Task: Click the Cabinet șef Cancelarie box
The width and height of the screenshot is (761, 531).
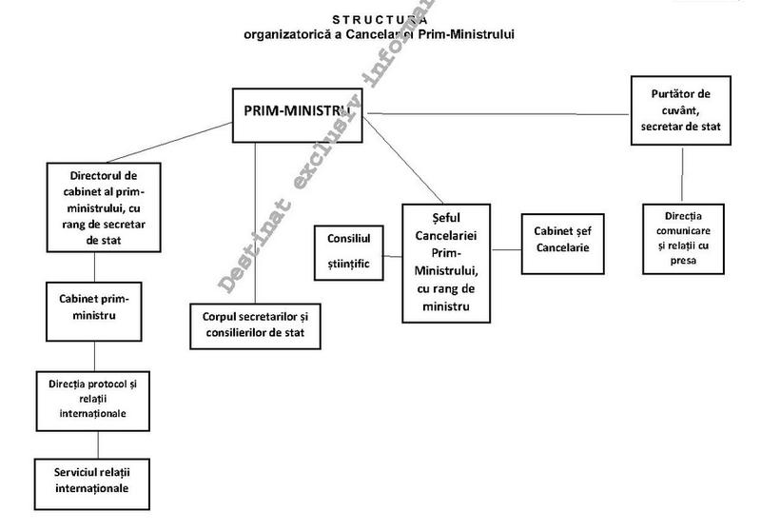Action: (562, 242)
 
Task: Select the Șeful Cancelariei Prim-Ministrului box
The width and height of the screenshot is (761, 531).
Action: (446, 262)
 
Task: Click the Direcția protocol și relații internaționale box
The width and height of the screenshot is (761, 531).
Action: (92, 400)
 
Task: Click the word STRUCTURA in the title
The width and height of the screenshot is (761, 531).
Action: (380, 19)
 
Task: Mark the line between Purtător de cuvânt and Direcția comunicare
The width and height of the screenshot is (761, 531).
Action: (680, 172)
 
